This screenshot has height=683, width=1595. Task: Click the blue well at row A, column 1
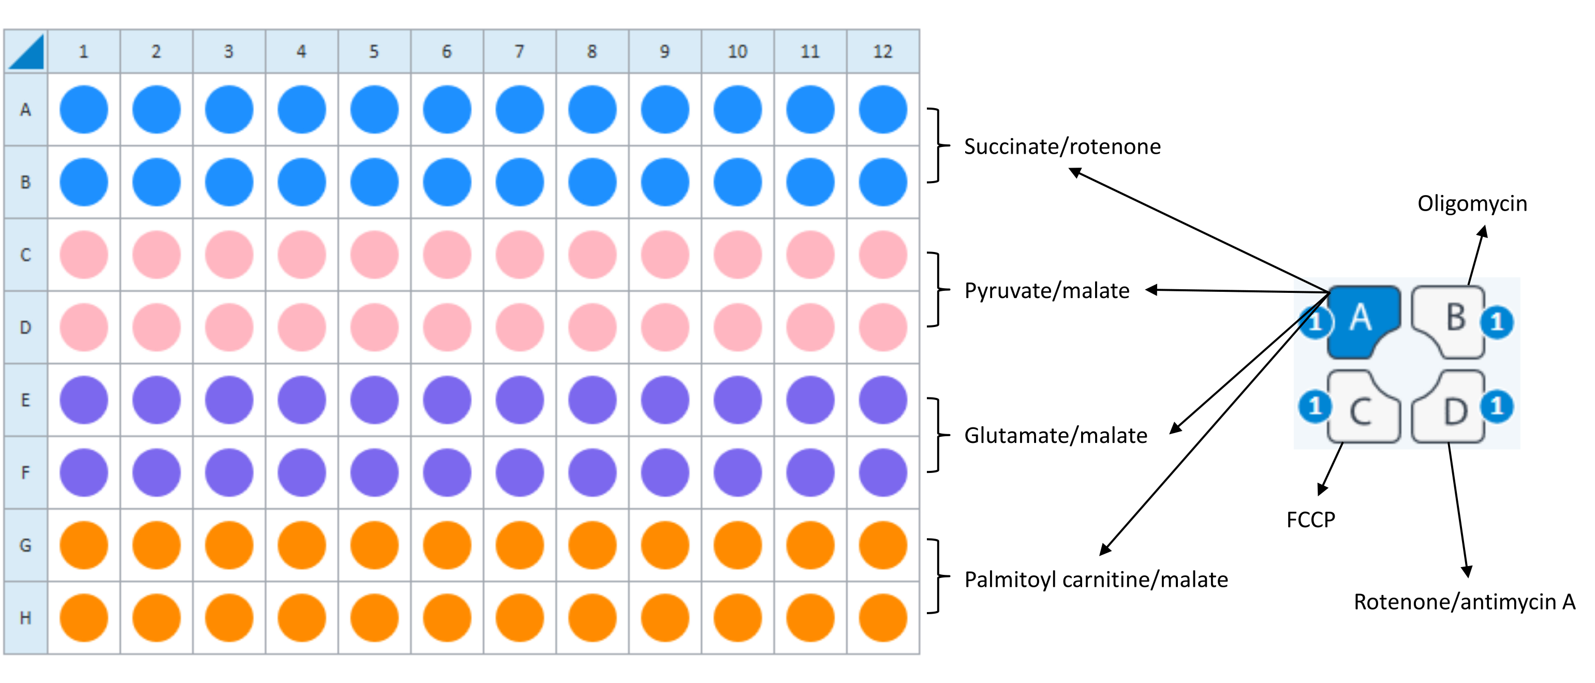(x=84, y=110)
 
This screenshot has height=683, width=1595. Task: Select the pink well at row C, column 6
(x=447, y=255)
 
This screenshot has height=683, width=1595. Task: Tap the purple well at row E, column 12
(x=883, y=400)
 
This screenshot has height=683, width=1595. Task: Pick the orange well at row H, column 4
(x=302, y=617)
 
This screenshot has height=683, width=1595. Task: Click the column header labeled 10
(x=737, y=51)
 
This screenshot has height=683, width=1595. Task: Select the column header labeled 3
(x=228, y=51)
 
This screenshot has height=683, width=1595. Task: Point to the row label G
(x=25, y=545)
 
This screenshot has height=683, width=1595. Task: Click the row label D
(x=25, y=327)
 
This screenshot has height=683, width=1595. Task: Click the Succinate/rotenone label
(x=1062, y=147)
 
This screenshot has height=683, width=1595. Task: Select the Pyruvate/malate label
(x=1046, y=291)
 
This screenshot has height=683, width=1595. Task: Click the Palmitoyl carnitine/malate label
(x=1096, y=580)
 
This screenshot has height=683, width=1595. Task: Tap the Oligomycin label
(x=1472, y=204)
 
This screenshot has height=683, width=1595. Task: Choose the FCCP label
(x=1310, y=519)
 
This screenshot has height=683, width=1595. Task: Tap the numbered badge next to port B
(x=1497, y=322)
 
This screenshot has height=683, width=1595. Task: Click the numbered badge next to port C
(x=1315, y=406)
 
